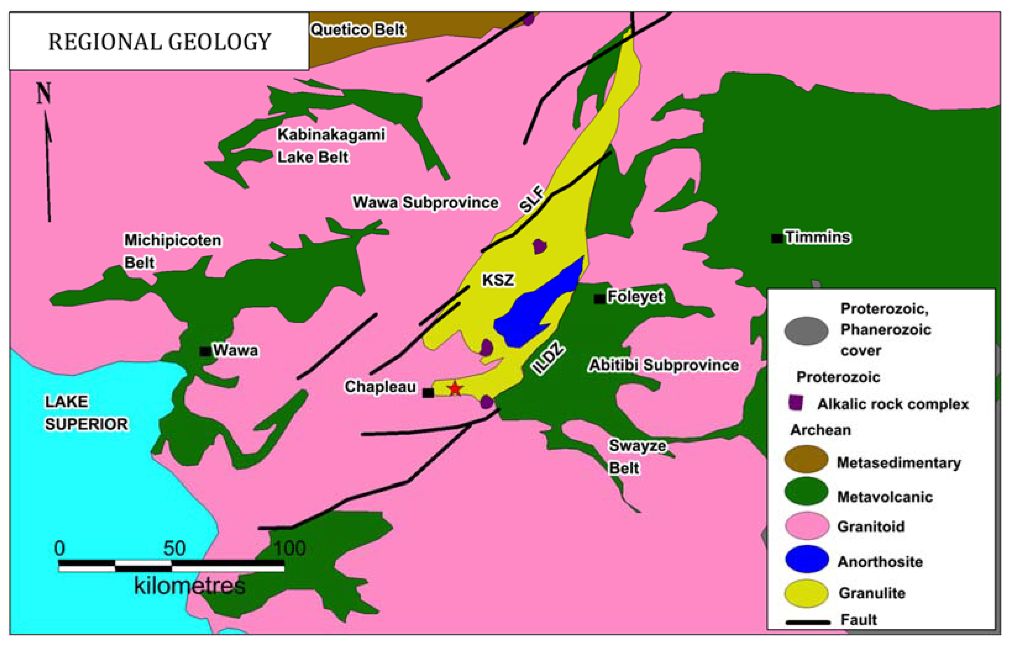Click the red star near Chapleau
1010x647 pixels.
[x=455, y=388]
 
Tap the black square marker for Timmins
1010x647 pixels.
[x=777, y=238]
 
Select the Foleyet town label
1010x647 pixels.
[x=635, y=296]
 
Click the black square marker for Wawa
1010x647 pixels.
[x=205, y=351]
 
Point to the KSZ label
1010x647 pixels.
[x=498, y=280]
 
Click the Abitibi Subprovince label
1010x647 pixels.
[x=664, y=365]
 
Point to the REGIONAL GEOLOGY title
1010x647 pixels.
[x=160, y=42]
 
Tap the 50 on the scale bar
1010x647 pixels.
[x=174, y=548]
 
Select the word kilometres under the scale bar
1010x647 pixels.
[x=189, y=586]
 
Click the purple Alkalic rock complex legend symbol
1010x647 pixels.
[x=796, y=402]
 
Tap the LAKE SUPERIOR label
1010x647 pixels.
[x=86, y=413]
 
